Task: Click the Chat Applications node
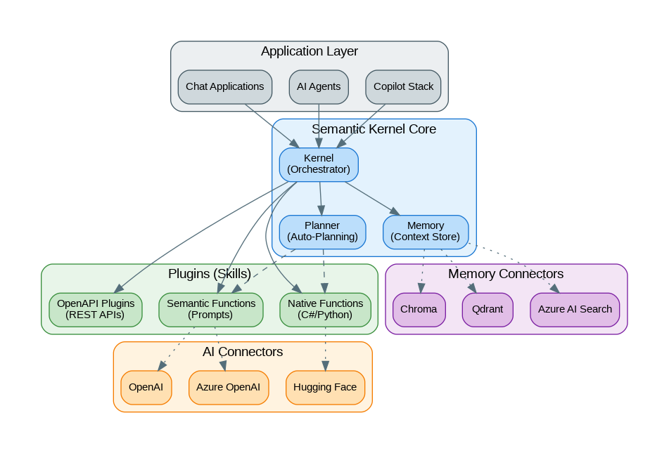(x=224, y=87)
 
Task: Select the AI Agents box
(x=319, y=87)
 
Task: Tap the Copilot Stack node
(x=403, y=87)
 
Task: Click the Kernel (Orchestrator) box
(x=319, y=164)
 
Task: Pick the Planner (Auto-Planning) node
(x=322, y=232)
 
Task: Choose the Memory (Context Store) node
(x=426, y=232)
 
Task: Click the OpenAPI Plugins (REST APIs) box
(x=95, y=310)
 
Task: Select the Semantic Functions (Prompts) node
(x=210, y=310)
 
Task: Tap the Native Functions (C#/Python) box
(x=325, y=310)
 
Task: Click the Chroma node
(x=419, y=310)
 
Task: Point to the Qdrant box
(x=488, y=310)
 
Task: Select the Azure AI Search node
(x=575, y=310)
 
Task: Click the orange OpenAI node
(x=146, y=388)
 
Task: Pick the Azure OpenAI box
(x=229, y=388)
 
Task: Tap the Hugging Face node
(x=325, y=388)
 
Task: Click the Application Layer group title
(x=310, y=51)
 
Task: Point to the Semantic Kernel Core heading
(x=374, y=129)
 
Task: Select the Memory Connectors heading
(x=506, y=274)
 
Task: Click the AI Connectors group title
(x=243, y=352)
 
